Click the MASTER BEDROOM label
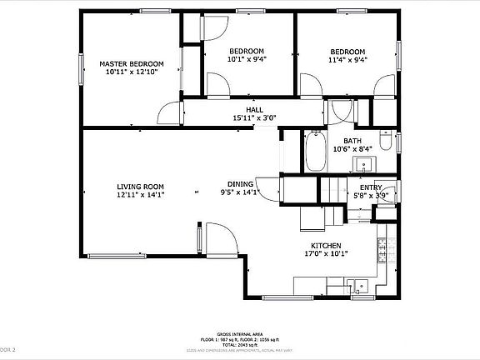[132, 63]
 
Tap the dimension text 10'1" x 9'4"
[247, 59]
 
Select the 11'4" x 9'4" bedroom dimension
[347, 59]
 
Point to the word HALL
[254, 110]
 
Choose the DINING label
[241, 184]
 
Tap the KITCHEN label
[326, 246]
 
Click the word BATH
[352, 141]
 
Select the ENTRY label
[371, 187]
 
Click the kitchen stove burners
[383, 247]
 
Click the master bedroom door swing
[171, 113]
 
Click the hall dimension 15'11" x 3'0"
[254, 118]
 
